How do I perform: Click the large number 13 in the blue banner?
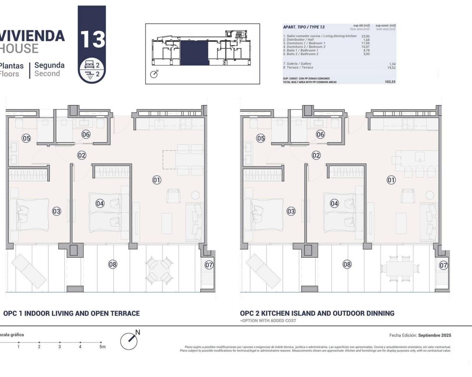(x=92, y=39)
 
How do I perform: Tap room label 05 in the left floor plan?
(x=26, y=138)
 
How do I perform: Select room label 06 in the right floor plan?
(x=320, y=134)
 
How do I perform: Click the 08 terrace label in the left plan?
(x=113, y=264)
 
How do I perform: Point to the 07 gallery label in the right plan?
(x=444, y=265)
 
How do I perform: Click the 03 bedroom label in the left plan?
(x=56, y=211)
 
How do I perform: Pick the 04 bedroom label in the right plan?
(x=334, y=203)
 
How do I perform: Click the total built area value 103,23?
(x=390, y=82)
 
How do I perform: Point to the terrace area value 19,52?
(x=391, y=68)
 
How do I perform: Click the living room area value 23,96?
(x=365, y=36)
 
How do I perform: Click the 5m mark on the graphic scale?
(x=102, y=346)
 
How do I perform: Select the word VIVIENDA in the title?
(x=32, y=36)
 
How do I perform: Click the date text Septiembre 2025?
(x=435, y=335)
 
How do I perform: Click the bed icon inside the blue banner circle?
(x=90, y=65)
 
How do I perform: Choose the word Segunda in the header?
(x=49, y=65)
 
